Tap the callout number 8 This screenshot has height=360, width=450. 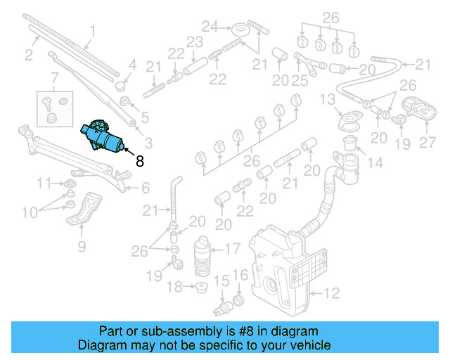point(139,161)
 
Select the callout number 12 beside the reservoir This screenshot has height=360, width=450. point(331,292)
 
